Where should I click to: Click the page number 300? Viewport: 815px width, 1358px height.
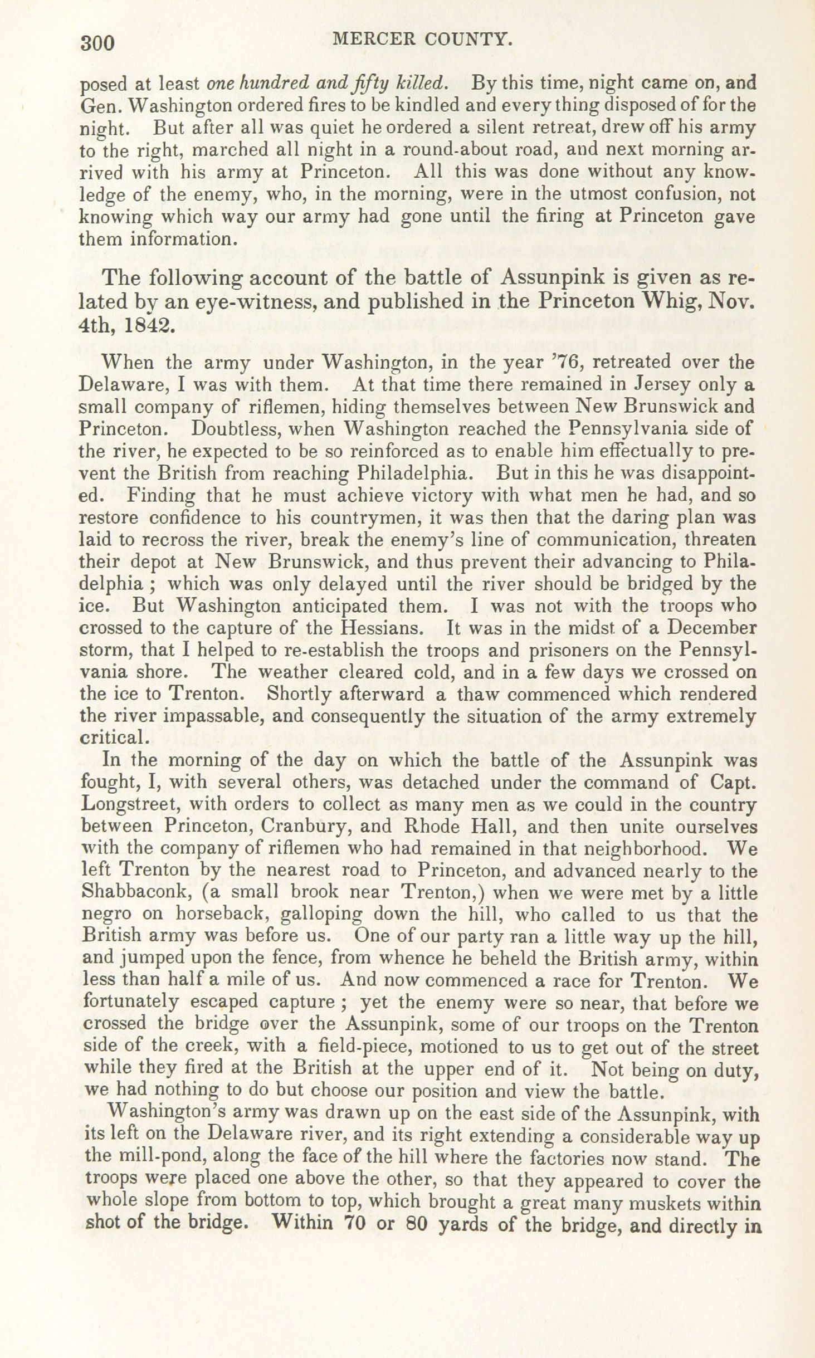point(97,43)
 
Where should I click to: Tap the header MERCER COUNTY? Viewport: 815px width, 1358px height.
point(420,40)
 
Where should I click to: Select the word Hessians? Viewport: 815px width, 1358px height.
point(380,628)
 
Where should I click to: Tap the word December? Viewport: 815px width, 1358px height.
point(712,628)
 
